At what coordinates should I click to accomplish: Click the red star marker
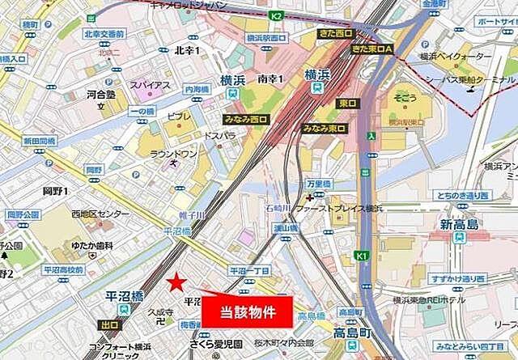tap(176, 281)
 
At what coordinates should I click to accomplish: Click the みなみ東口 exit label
tap(324, 129)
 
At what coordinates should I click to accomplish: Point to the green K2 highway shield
tap(277, 15)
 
